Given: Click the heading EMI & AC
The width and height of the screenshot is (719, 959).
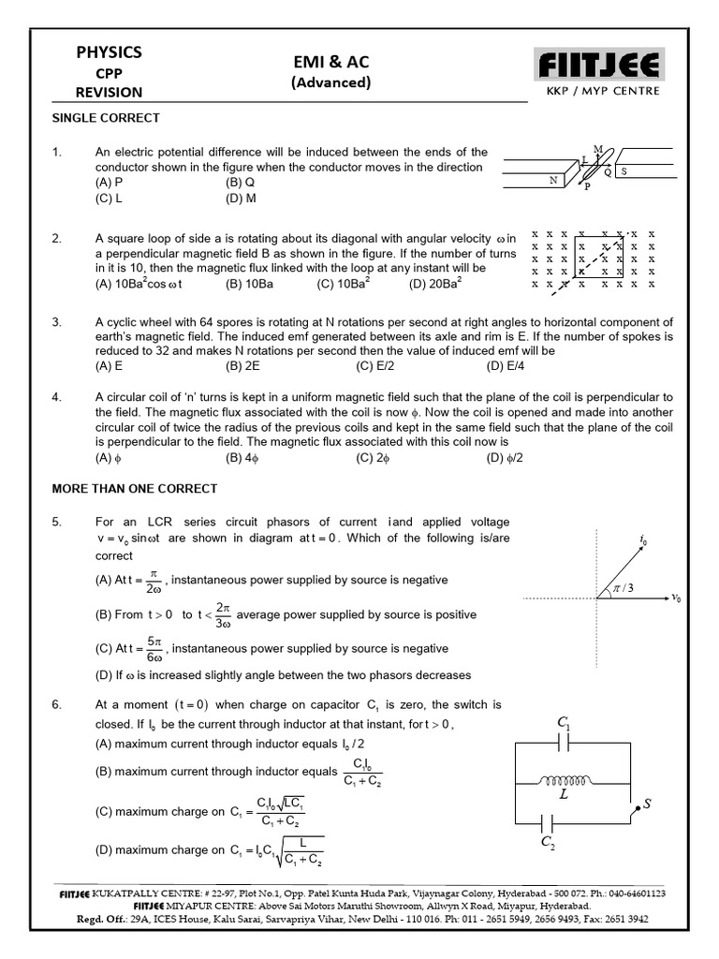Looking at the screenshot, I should (330, 62).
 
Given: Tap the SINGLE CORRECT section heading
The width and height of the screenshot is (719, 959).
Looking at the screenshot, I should (105, 118).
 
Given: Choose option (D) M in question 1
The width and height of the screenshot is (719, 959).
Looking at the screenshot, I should (241, 199).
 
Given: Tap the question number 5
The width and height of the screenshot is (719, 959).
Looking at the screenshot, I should (56, 521).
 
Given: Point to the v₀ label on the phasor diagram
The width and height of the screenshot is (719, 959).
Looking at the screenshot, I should (676, 598).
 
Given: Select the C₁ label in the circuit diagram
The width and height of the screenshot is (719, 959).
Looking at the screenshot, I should (564, 723).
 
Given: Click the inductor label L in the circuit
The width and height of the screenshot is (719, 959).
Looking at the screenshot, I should (565, 794).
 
